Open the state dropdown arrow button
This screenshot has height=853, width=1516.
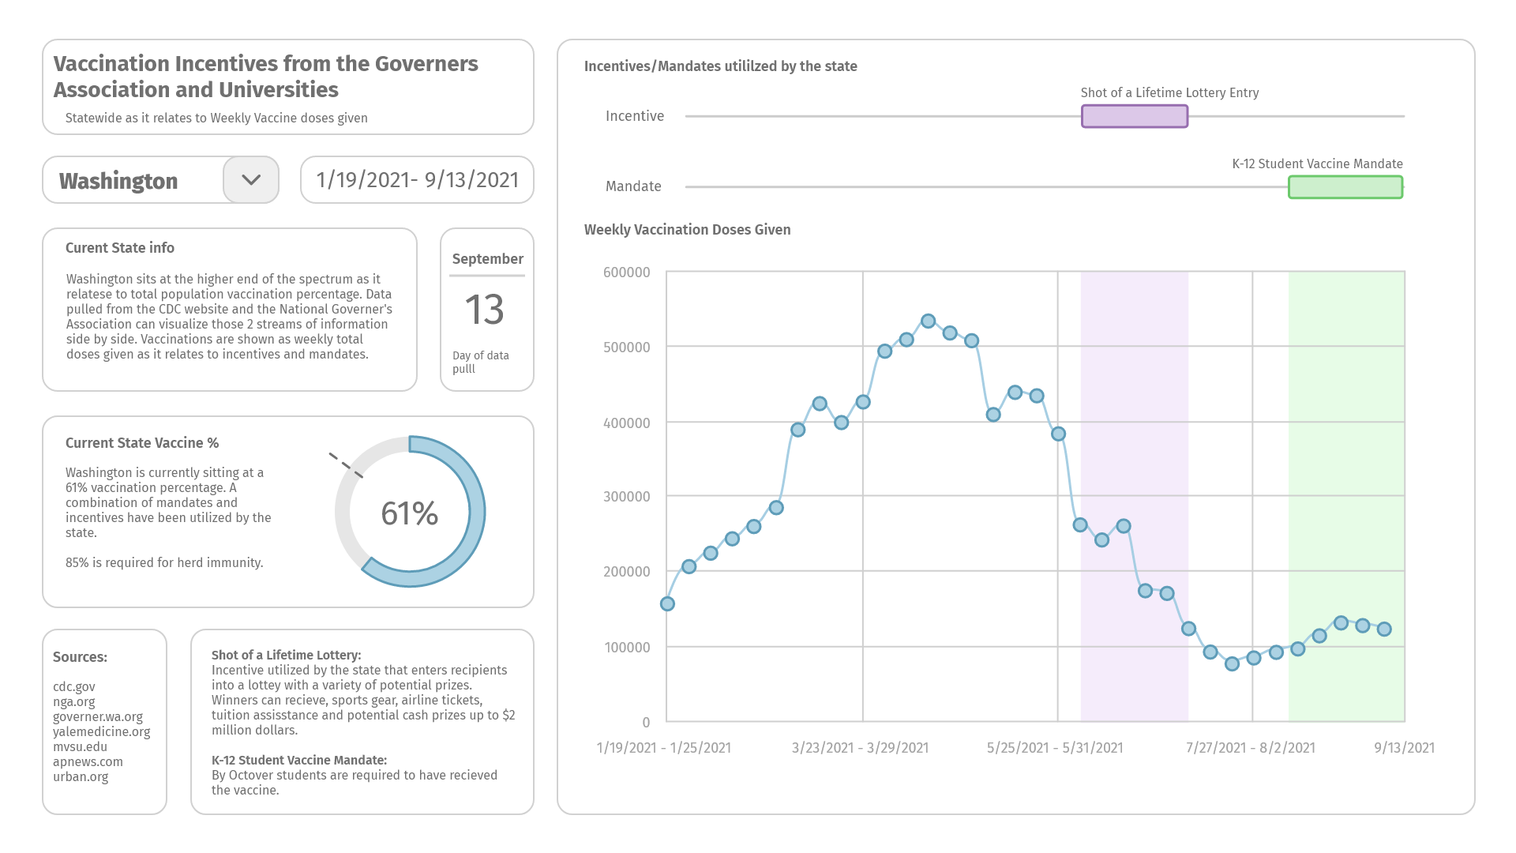coord(251,180)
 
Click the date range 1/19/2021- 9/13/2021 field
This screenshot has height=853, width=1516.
coord(417,180)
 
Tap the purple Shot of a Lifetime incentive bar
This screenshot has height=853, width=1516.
coord(1135,116)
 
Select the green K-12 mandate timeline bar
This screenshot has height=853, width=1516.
coord(1345,187)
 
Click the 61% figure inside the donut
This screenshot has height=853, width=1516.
coord(409,513)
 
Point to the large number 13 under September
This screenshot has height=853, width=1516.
coord(484,310)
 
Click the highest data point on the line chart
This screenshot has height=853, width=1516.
coord(929,321)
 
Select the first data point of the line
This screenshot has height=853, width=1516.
coord(667,604)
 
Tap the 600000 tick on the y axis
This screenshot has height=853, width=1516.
coord(627,272)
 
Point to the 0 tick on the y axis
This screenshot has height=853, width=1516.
coord(646,722)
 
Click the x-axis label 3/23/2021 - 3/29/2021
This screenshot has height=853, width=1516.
coord(860,748)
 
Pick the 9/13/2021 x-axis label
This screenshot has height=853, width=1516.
coord(1404,748)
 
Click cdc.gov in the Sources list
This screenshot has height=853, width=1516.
coord(74,687)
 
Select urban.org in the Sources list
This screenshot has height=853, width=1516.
coord(81,777)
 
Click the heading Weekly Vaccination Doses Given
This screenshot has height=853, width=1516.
coord(687,230)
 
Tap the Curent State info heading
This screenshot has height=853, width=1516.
coord(120,248)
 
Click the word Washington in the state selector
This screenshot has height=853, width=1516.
coord(118,181)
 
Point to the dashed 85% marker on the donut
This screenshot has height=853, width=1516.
coord(346,465)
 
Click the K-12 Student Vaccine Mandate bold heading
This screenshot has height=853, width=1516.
coord(299,761)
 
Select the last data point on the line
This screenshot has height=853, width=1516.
coord(1384,629)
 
